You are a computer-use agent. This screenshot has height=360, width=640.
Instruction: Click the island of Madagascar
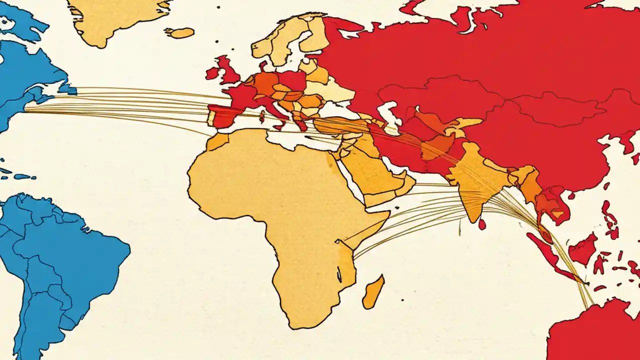[372, 292]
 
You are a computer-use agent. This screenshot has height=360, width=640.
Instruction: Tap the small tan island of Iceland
[179, 33]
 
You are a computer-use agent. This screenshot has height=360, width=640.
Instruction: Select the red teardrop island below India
[482, 224]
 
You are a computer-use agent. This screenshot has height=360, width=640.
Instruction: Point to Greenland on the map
[115, 17]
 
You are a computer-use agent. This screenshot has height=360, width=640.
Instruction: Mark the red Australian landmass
[595, 332]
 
